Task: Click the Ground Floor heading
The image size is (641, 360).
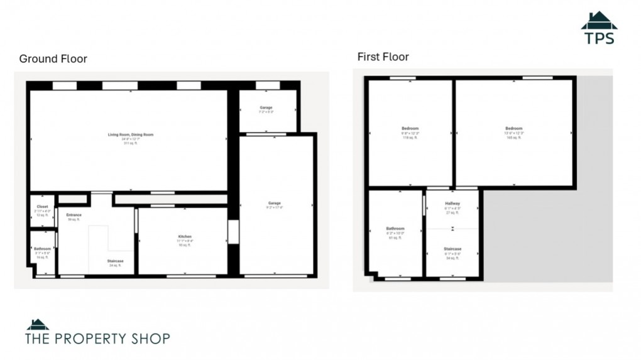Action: (53, 59)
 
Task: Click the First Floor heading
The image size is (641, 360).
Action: (383, 57)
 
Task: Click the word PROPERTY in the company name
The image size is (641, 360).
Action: (95, 339)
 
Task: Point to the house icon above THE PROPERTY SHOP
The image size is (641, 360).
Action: (37, 325)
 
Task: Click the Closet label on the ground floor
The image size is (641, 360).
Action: (42, 207)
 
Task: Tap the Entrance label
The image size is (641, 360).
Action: (74, 215)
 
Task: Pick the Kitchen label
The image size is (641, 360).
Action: (184, 237)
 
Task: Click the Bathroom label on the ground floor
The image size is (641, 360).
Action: (42, 249)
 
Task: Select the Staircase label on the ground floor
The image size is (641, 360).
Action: (115, 261)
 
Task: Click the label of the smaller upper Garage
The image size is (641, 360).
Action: (266, 107)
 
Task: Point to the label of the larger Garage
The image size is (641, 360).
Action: (275, 203)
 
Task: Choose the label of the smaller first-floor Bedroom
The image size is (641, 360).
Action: (410, 129)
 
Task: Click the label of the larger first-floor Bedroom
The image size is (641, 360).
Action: (513, 129)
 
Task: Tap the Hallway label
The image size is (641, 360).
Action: (452, 204)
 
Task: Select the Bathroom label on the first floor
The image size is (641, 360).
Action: (395, 229)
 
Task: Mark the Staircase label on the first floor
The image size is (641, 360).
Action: (452, 249)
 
